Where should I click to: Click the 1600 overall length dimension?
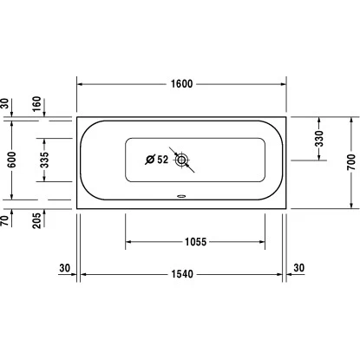pyautogui.click(x=181, y=84)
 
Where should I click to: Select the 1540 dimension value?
pyautogui.click(x=182, y=274)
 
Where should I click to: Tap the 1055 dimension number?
pyautogui.click(x=196, y=242)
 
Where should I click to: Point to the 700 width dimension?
pyautogui.click(x=350, y=162)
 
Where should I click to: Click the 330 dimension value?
pyautogui.click(x=319, y=139)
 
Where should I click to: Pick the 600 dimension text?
pyautogui.click(x=12, y=160)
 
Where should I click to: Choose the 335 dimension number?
pyautogui.click(x=44, y=160)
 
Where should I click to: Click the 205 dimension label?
pyautogui.click(x=37, y=220)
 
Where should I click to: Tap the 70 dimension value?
pyautogui.click(x=5, y=221)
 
